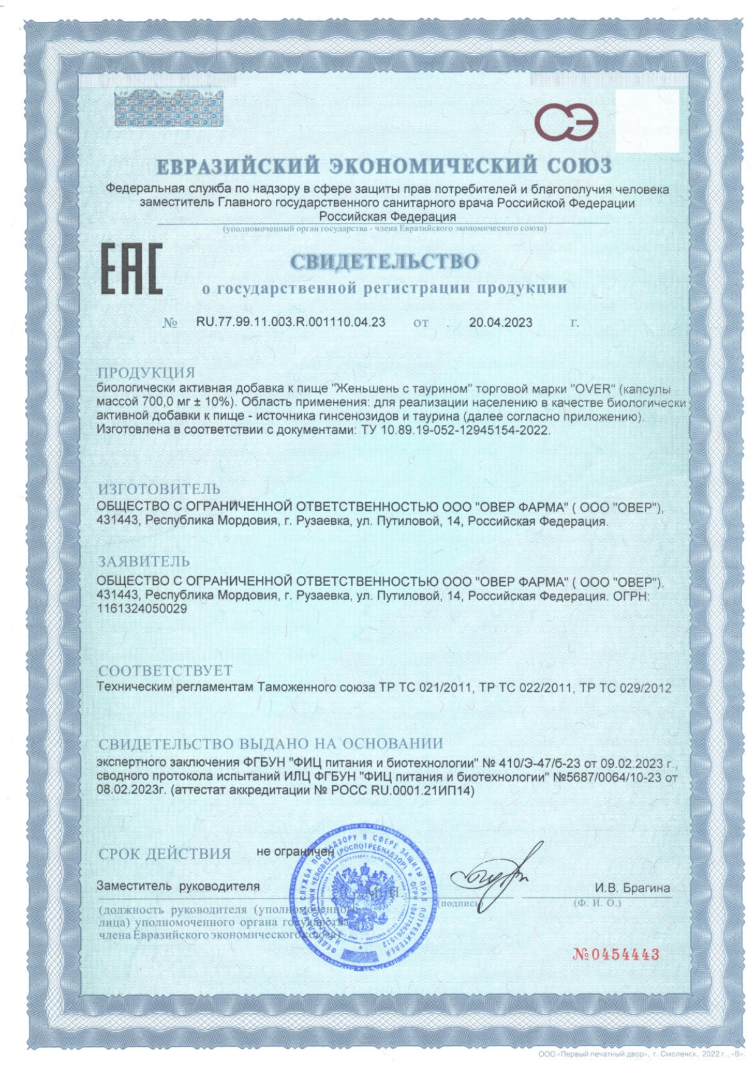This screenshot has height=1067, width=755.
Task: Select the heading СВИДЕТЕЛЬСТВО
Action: click(384, 262)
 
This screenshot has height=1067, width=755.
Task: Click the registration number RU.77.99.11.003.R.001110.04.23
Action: click(290, 322)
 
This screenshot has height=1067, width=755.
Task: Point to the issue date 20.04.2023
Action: click(500, 322)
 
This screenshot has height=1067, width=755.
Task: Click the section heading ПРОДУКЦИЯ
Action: click(146, 372)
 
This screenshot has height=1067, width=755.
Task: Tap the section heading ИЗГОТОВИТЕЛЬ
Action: click(159, 489)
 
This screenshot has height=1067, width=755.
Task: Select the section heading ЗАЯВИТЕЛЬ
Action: click(144, 561)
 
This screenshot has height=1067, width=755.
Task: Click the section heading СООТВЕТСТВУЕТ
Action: click(165, 670)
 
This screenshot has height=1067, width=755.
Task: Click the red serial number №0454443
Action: click(616, 953)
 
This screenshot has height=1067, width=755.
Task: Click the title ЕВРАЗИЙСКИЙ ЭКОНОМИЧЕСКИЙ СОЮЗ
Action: click(384, 166)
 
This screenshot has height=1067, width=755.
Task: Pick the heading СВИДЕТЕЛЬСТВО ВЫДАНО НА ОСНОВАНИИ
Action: click(270, 743)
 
